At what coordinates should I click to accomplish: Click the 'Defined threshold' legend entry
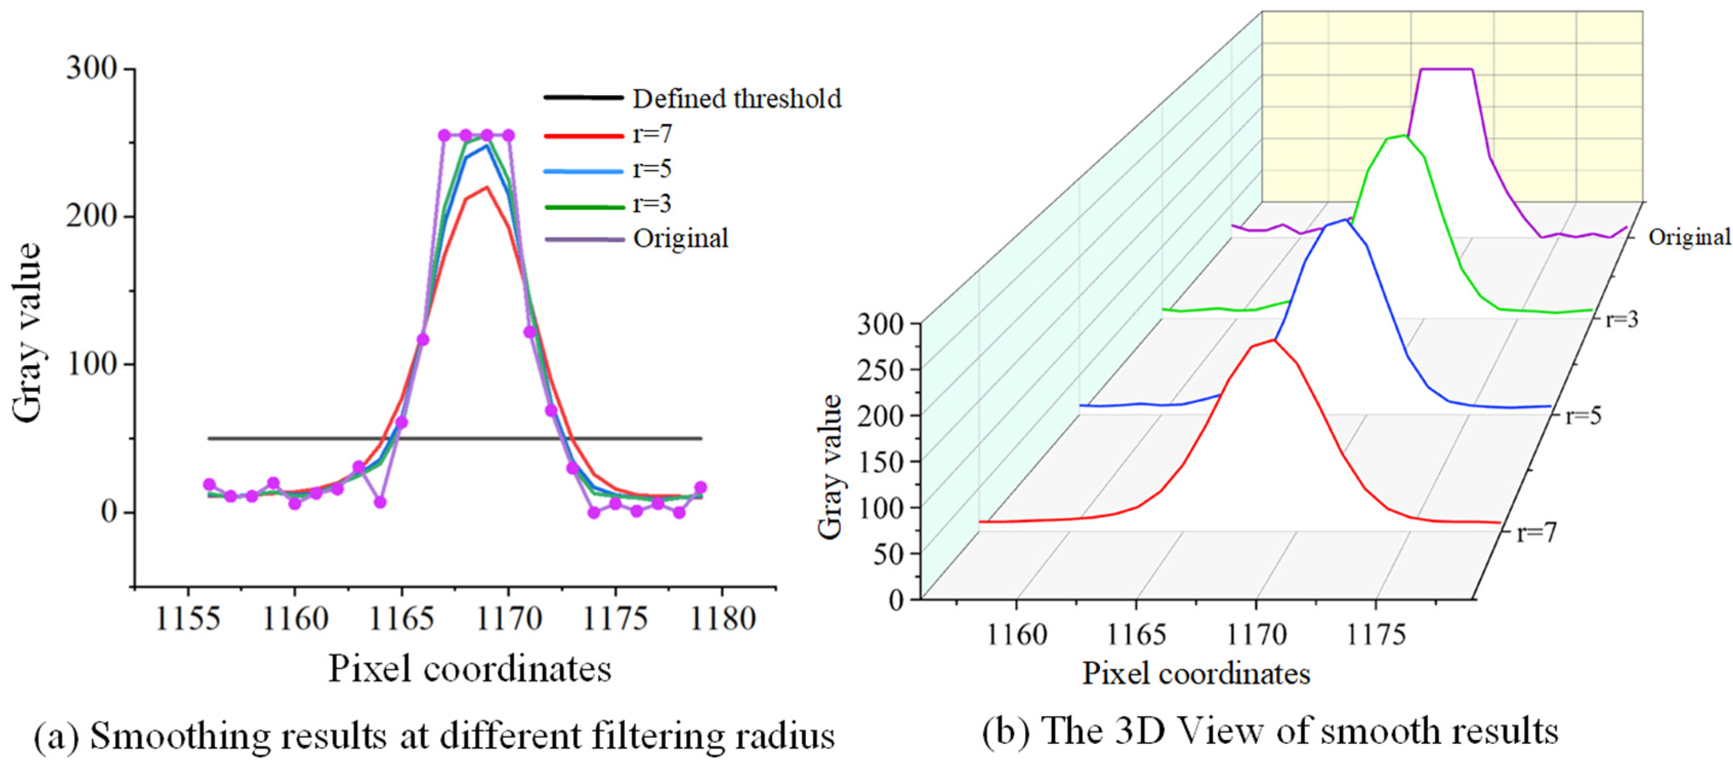point(736,99)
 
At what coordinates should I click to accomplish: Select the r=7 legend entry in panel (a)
point(651,135)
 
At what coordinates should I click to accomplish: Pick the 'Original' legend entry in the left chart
point(680,238)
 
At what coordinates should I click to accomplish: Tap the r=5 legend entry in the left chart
point(651,169)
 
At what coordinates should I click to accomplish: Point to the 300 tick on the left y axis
point(92,69)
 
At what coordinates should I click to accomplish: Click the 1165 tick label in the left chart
point(401,618)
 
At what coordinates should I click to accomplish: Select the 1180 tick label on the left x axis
point(723,618)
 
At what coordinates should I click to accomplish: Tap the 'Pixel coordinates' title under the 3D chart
point(1196,674)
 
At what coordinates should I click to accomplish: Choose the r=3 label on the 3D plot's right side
point(1621,319)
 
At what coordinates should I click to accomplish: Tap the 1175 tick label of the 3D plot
point(1377,635)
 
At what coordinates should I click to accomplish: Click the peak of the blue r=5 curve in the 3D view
point(1345,219)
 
